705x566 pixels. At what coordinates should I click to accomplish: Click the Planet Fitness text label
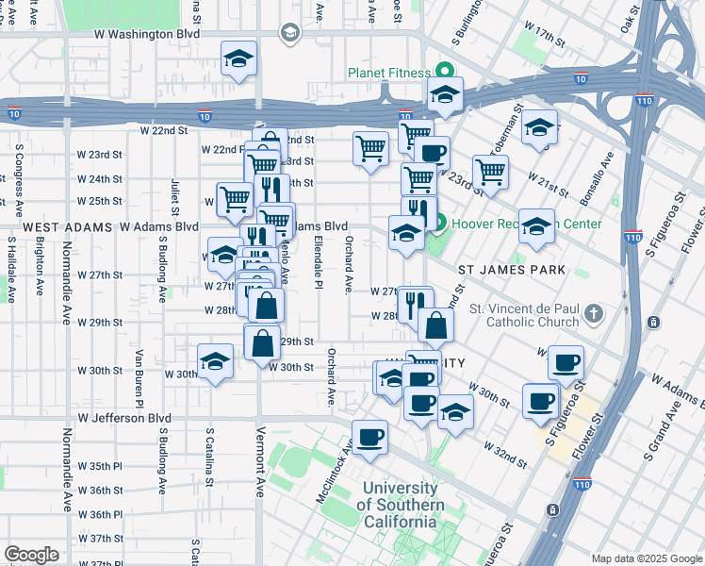386,73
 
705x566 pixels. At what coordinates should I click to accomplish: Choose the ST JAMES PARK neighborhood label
512,270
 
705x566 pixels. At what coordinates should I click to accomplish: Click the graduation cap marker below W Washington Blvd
239,59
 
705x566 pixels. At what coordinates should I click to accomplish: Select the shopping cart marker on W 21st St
490,172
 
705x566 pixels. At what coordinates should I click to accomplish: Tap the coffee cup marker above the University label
369,438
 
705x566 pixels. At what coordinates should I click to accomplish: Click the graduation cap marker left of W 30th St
215,361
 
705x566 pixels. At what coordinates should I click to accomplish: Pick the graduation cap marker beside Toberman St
539,126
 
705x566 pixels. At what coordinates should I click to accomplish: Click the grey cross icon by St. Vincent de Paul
594,312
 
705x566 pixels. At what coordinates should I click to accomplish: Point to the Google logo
31,555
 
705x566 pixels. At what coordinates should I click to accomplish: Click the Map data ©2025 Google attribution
646,558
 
